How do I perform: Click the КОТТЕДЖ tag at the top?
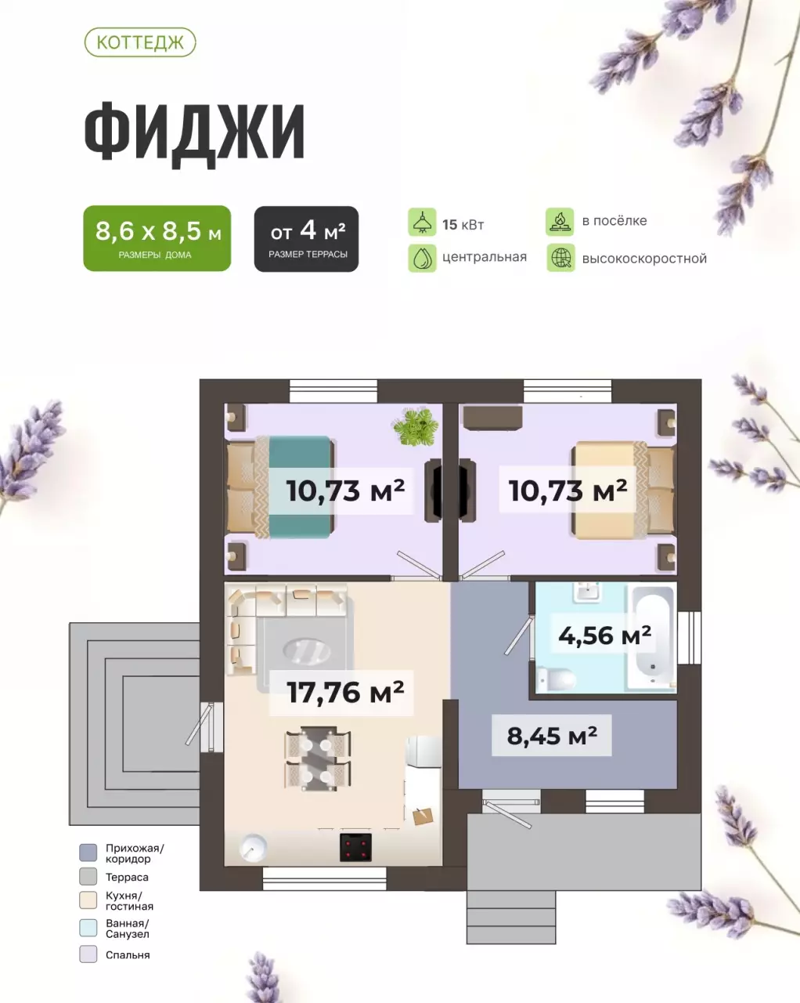tap(139, 42)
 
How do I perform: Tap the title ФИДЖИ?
tap(194, 132)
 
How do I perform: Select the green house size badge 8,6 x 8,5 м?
tap(157, 238)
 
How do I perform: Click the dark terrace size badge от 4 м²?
tap(306, 238)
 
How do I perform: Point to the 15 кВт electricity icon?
tap(422, 223)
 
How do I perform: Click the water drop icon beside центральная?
tap(422, 258)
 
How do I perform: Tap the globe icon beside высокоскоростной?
tap(560, 259)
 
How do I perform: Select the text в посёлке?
tap(614, 221)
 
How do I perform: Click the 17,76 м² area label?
tap(345, 693)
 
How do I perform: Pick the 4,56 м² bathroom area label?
tap(604, 635)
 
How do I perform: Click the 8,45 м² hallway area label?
tap(552, 736)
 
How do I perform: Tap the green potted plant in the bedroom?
tap(415, 426)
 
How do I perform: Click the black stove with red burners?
tap(355, 847)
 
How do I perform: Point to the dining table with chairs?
tap(317, 758)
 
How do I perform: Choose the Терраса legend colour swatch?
tap(88, 877)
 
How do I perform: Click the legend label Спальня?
tap(128, 955)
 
